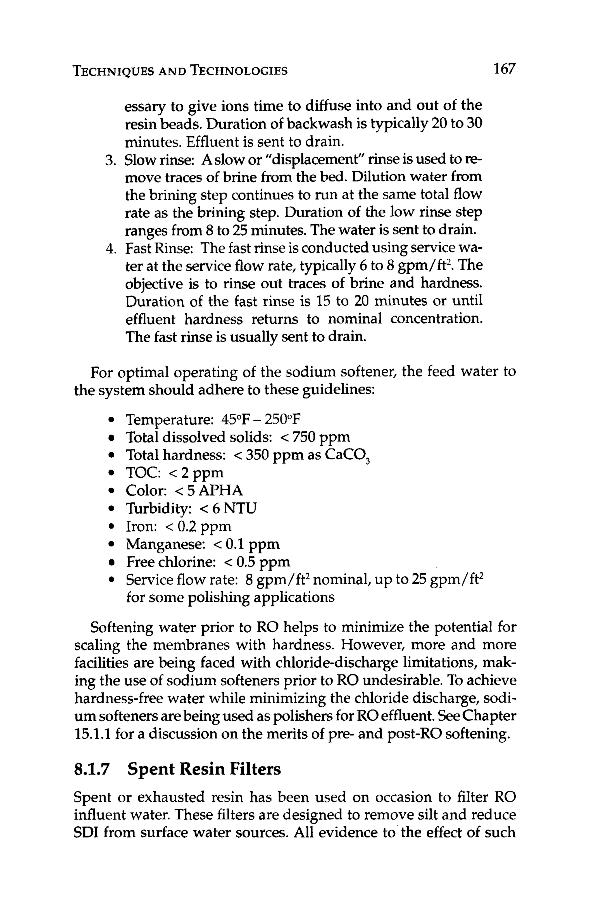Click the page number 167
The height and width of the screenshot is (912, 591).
click(504, 69)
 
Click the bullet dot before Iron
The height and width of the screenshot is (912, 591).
click(110, 527)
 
